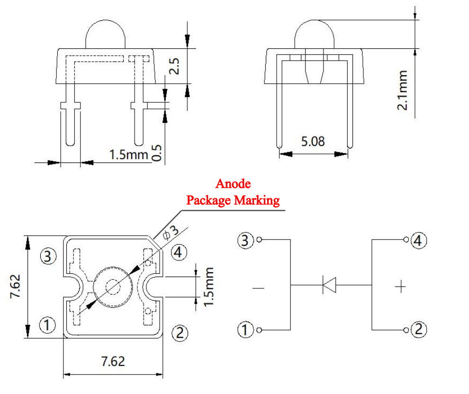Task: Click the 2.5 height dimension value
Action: coord(174,66)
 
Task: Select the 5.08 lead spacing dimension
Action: coord(313,142)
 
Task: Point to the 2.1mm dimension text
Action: coord(402,90)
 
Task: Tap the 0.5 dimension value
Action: coord(157,153)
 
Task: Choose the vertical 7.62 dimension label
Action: coord(15,287)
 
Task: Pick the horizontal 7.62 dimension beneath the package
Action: coord(113,361)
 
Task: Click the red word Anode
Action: coord(233,184)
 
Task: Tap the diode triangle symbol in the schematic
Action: coord(329,285)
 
